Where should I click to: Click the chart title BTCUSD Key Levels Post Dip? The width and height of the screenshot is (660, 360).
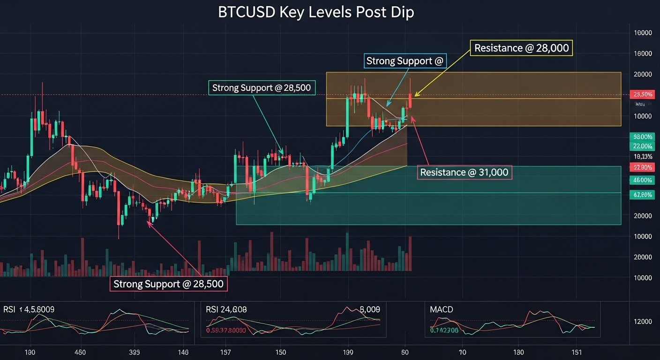(x=316, y=13)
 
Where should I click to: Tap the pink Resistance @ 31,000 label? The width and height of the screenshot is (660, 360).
(x=464, y=172)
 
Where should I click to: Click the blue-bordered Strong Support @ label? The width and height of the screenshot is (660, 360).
(x=405, y=61)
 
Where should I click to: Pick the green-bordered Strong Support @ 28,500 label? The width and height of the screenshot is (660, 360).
(x=262, y=88)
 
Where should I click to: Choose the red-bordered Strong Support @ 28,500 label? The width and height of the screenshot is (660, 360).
(x=168, y=284)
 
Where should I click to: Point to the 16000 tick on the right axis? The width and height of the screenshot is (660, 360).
(x=642, y=53)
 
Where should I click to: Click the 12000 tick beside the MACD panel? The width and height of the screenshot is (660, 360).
(x=642, y=322)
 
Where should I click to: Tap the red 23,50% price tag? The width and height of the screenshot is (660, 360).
(x=643, y=95)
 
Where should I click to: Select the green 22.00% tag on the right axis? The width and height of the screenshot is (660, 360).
(x=643, y=146)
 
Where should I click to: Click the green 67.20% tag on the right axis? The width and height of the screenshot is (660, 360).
(x=643, y=195)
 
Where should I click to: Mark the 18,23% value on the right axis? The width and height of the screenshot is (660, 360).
(x=643, y=157)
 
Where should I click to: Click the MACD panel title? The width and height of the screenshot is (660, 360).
(x=441, y=310)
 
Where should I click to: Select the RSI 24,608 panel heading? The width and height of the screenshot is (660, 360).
(x=226, y=309)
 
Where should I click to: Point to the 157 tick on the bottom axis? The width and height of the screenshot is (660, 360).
(x=225, y=352)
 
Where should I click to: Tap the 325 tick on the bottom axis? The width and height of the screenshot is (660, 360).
(x=135, y=352)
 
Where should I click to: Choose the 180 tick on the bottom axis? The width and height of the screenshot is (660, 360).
(x=519, y=352)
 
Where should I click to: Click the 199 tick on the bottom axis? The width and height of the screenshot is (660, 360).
(x=348, y=352)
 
